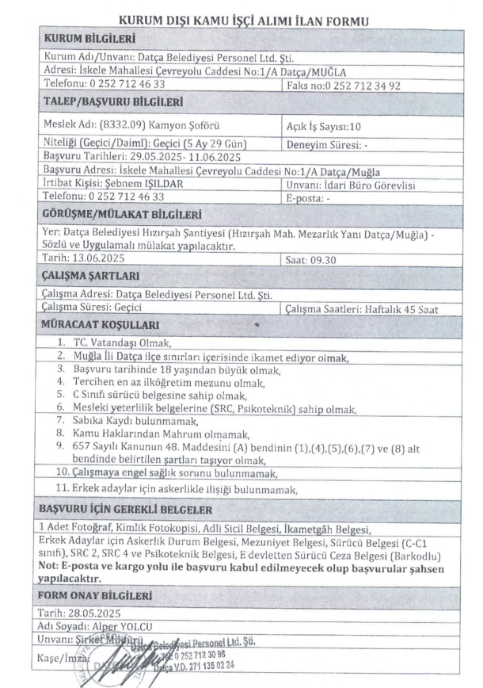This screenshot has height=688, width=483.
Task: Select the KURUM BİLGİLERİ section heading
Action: pos(89,39)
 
